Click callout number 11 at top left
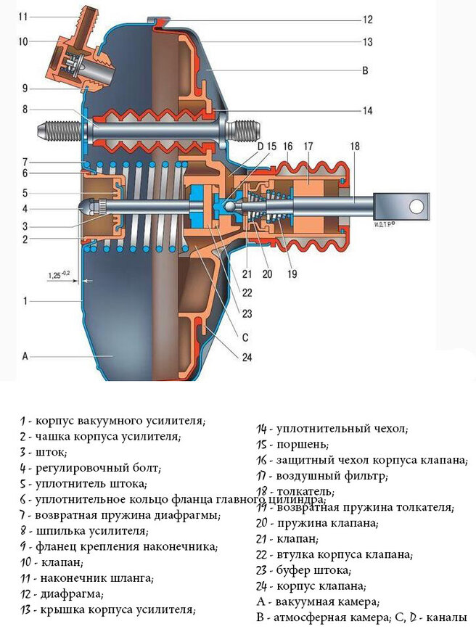pos(23,15)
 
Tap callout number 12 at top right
pos(367,20)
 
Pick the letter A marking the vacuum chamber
pos(25,356)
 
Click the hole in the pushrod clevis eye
pos(416,206)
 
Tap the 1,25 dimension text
pos(57,276)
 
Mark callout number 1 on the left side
pos(25,300)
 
